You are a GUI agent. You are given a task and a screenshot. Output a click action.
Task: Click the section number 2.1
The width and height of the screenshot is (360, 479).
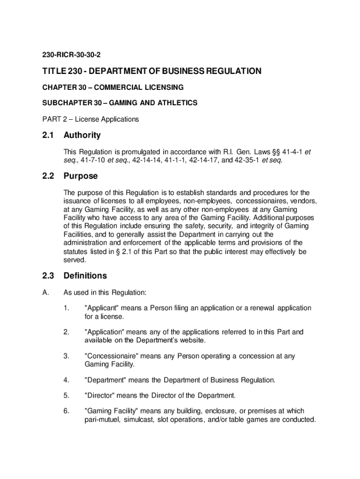pos(48,136)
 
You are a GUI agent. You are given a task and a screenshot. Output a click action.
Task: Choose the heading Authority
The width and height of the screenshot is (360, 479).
pos(82,136)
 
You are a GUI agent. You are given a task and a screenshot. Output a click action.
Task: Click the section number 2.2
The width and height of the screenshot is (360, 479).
pos(48,176)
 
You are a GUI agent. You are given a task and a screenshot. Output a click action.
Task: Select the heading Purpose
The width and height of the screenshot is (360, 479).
pos(80,176)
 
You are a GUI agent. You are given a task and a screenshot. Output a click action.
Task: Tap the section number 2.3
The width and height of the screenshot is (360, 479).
pos(48,276)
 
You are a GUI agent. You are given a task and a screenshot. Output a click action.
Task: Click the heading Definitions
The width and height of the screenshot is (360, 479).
pos(85,276)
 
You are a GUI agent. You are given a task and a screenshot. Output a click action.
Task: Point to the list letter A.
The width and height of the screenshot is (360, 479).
pos(45,293)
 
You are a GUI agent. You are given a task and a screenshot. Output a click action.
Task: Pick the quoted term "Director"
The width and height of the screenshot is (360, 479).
pos(100,396)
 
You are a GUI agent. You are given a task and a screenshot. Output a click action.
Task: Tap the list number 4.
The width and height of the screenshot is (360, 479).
pos(66,380)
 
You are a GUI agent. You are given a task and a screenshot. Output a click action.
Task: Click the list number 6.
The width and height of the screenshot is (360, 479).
pos(66,411)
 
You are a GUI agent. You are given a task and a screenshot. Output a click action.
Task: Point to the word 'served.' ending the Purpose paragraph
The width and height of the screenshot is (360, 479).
pos(75,260)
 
